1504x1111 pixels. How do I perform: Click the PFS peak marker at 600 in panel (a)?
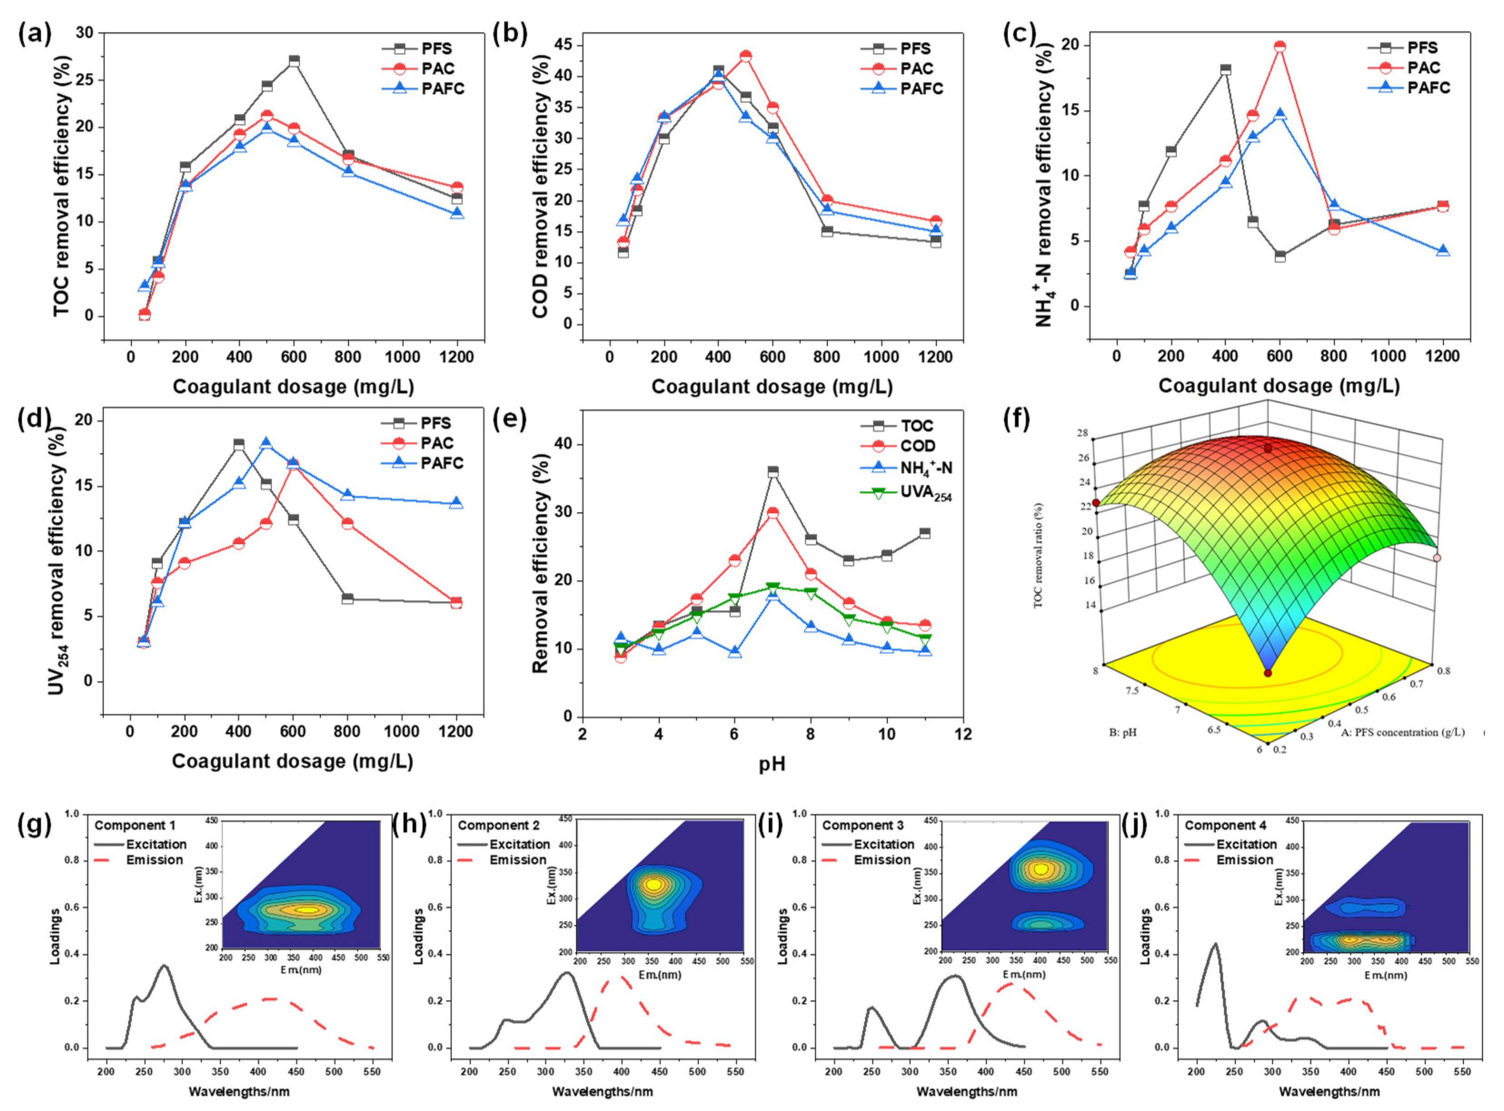[293, 60]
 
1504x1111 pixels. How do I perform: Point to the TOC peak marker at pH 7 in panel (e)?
[773, 471]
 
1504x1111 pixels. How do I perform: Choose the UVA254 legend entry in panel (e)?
[925, 493]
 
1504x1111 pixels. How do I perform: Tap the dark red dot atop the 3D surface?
[1268, 448]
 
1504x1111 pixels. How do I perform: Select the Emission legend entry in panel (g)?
[154, 860]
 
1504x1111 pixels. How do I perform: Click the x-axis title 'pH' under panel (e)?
[772, 764]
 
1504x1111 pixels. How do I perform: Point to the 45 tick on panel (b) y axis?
[562, 45]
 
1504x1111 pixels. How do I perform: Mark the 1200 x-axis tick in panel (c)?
[1442, 356]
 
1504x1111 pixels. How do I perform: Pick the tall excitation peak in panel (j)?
[1215, 944]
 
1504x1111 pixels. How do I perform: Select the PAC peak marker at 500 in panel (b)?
[745, 56]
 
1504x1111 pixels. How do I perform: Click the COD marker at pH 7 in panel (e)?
[773, 513]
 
